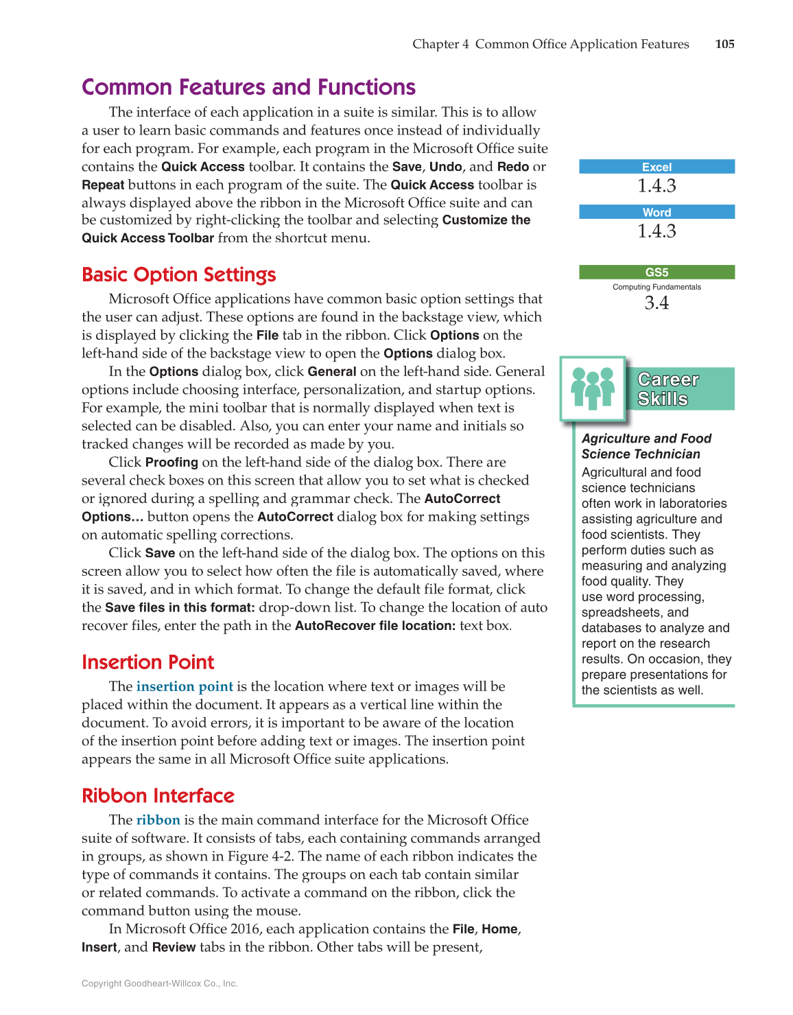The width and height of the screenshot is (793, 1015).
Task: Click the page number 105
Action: coord(724,44)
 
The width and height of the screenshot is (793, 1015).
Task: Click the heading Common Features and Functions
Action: coord(248,87)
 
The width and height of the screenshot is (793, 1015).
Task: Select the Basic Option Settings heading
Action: coord(178,275)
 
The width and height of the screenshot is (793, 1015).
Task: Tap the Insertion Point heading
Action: coord(147,662)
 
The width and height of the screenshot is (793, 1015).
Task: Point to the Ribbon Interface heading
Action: coord(158,795)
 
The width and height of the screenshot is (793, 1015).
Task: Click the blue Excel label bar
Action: coord(656,167)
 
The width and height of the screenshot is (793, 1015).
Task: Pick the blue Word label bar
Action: coord(656,212)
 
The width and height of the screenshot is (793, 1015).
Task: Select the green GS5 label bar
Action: coord(656,272)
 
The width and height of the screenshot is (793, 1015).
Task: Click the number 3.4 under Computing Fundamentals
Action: coord(656,303)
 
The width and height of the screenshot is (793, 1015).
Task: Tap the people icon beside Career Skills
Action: coord(593,388)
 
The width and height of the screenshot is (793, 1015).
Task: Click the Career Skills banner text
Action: coord(667,389)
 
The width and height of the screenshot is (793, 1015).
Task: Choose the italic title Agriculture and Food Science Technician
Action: coord(646,446)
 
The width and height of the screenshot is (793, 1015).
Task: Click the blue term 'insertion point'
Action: coord(185,686)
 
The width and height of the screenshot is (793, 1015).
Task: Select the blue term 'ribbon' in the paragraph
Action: coord(158,819)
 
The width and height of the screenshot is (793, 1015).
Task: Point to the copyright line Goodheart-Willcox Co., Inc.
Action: coord(159,983)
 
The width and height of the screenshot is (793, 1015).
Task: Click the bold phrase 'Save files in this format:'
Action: coord(180,607)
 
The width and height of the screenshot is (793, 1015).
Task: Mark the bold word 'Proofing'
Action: coord(171,463)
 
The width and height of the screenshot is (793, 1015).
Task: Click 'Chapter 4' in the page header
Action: coord(440,44)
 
